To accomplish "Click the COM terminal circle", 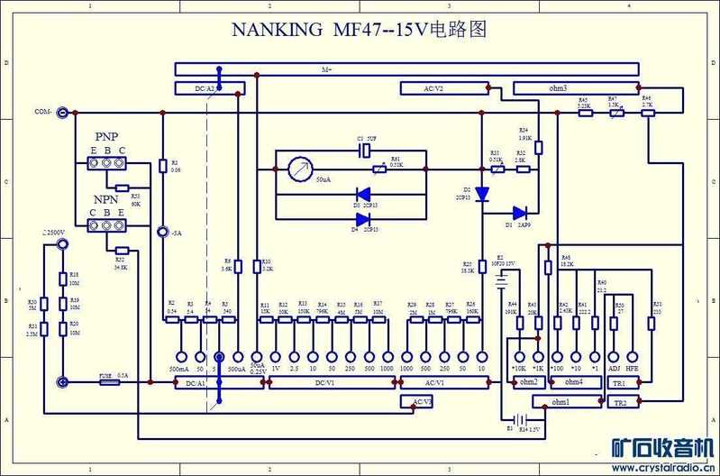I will coord(63,113).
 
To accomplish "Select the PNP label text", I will coord(106,136).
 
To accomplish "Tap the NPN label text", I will coord(105,199).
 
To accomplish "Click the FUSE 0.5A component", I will coord(110,382).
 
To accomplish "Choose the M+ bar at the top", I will coord(415,69).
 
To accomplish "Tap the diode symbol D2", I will coord(482,193).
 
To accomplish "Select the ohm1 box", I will coord(561,402).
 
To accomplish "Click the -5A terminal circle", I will coord(163,232).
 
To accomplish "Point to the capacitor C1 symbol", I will coord(362,151).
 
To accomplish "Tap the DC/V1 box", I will coord(332,383).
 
